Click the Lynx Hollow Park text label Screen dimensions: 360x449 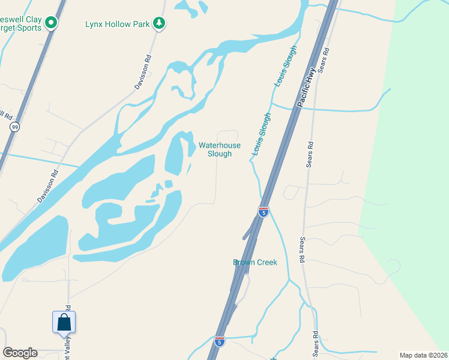117,23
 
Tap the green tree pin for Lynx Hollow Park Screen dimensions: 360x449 159,23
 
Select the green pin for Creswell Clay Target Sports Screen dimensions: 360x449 52,23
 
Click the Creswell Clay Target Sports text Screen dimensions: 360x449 21,23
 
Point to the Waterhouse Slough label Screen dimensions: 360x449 219,149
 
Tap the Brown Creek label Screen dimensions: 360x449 255,262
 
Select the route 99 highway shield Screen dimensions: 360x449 14,127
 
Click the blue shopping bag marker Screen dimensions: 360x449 64,323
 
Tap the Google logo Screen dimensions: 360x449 20,353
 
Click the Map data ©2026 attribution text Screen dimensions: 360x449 424,355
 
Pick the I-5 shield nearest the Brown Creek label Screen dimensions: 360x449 264,211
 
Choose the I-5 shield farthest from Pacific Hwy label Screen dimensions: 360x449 220,341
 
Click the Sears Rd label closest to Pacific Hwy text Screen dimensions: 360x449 324,60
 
